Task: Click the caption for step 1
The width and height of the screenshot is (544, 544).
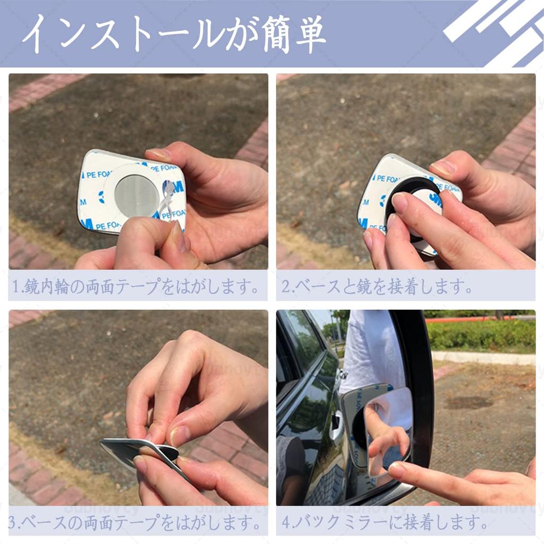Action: click(x=137, y=287)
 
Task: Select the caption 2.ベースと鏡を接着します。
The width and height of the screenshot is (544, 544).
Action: click(x=377, y=287)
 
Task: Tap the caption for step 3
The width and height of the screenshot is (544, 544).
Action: click(x=137, y=523)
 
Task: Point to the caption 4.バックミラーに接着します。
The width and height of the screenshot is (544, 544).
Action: click(x=385, y=523)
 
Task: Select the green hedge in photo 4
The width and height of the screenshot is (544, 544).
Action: click(x=481, y=335)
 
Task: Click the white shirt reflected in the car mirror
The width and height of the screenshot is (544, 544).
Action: click(x=372, y=351)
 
